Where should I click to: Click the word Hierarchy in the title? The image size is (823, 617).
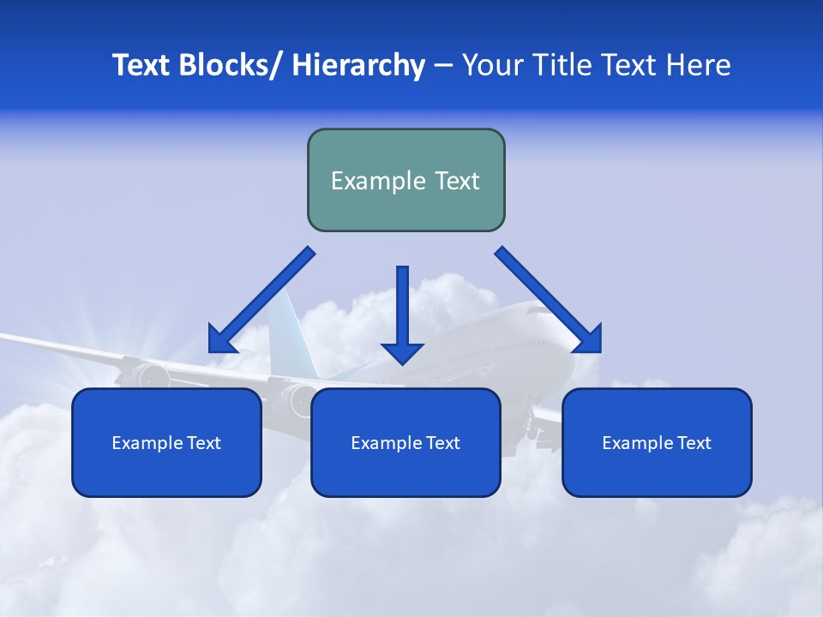coord(358,65)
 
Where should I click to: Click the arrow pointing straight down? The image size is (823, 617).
coord(402,317)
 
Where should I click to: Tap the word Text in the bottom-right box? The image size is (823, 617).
coord(694,443)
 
